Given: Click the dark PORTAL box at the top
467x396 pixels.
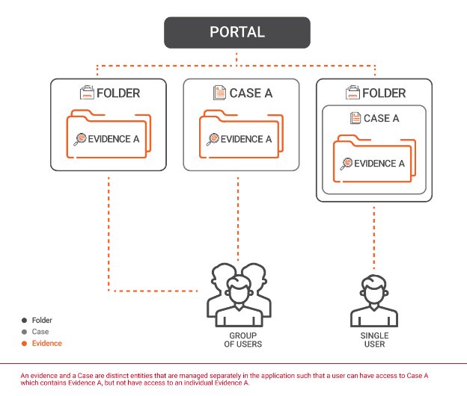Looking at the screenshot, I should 236,34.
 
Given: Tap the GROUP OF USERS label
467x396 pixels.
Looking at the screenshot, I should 236,340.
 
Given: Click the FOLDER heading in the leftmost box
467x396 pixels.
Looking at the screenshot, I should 118,94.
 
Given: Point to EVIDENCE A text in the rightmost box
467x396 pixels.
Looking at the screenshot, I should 379,164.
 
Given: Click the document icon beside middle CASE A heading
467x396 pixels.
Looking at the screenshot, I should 219,93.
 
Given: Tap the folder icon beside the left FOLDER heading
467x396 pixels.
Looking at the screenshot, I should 87,93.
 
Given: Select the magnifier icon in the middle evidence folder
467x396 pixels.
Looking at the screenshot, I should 213,139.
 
